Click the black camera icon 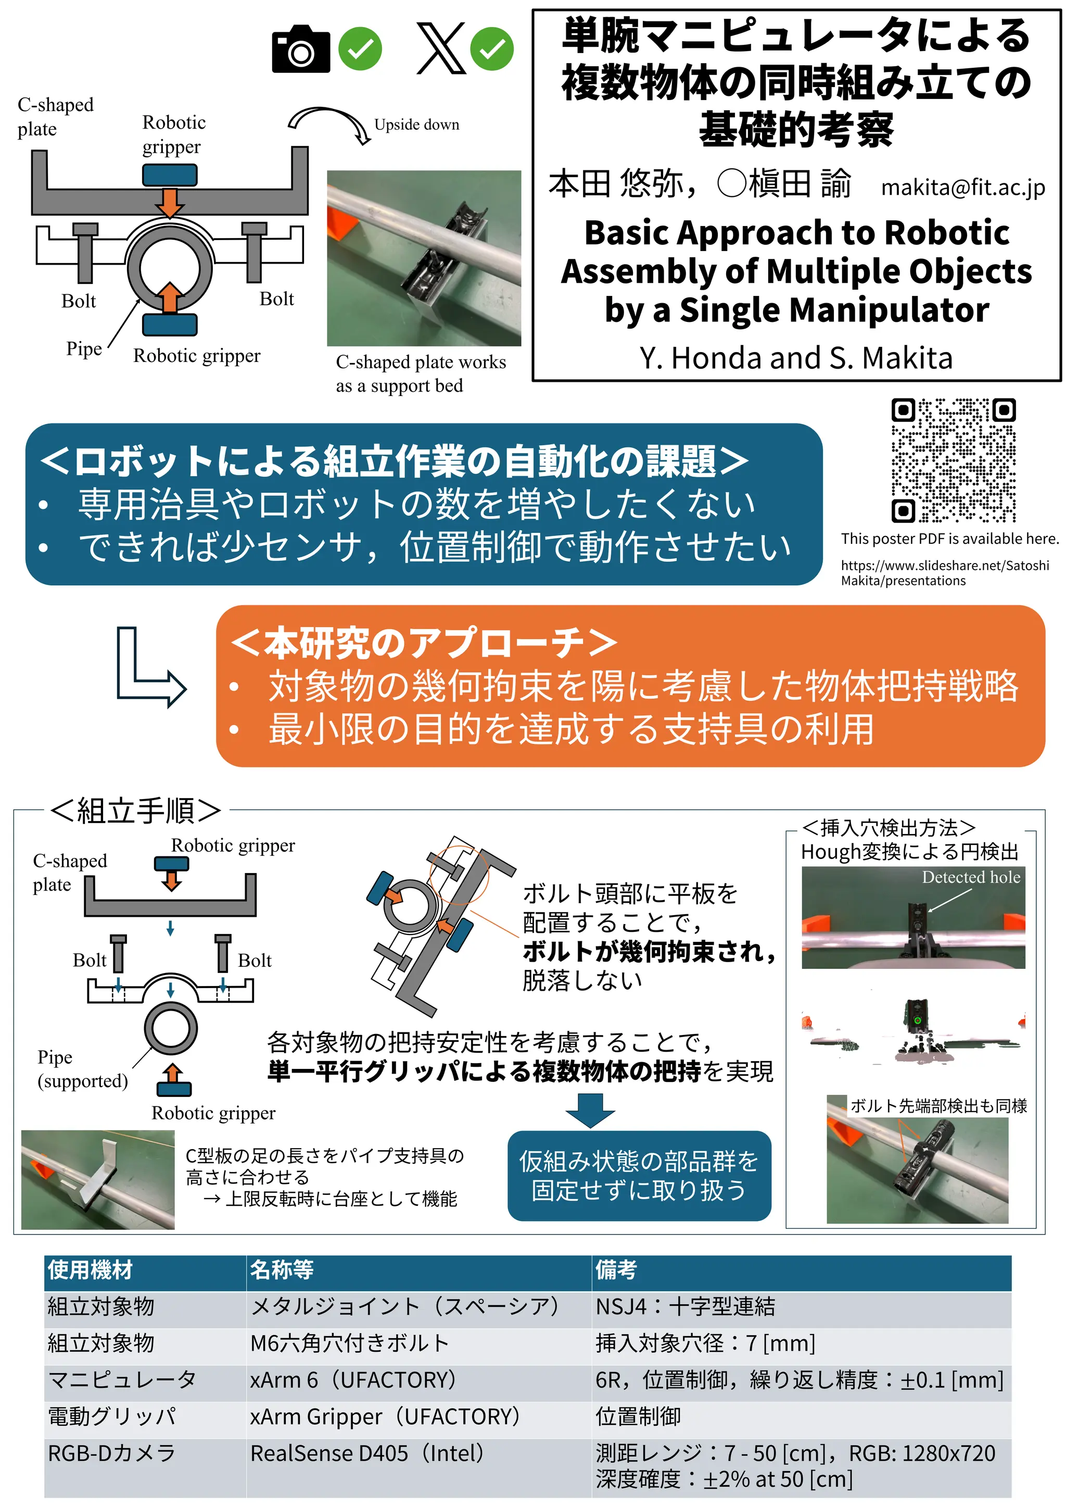[301, 49]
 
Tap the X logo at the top [441, 48]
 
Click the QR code [953, 460]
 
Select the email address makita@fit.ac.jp [963, 188]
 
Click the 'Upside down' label [417, 125]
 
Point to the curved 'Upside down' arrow [328, 123]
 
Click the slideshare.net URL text [945, 572]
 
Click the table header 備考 [616, 1269]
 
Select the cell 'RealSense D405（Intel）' [367, 1453]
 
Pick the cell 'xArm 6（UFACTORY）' [353, 1379]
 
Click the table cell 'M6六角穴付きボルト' [350, 1343]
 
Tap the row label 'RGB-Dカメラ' [111, 1453]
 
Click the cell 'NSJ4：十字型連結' [686, 1306]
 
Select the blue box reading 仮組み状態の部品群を [639, 1176]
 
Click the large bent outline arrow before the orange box [151, 667]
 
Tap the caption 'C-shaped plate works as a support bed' [421, 373]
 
